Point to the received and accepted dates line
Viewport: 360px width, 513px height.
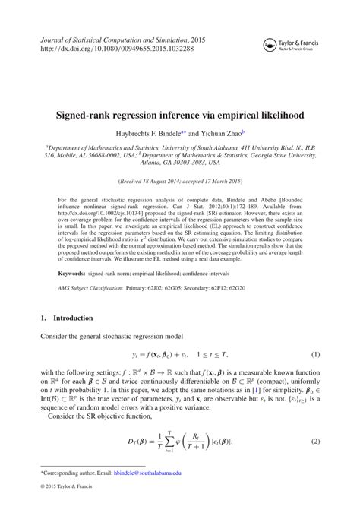tap(180, 182)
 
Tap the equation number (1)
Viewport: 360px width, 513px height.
tap(315, 355)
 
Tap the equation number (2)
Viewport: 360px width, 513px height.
tap(315, 442)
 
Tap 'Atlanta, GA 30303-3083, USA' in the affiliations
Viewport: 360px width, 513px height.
tap(180, 162)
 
